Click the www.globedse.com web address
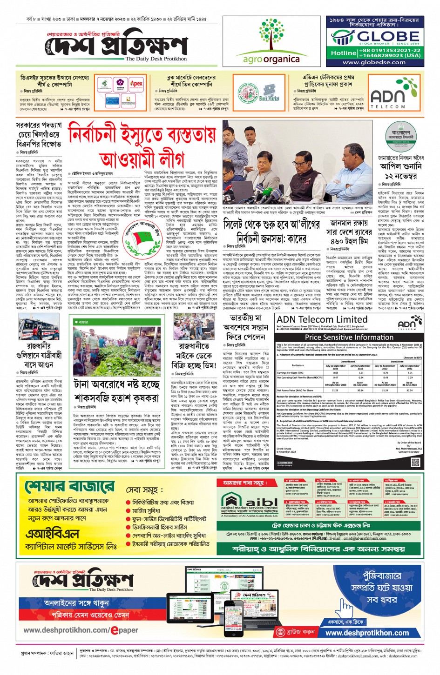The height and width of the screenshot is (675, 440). [x=374, y=62]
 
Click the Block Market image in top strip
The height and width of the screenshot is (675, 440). [x=269, y=93]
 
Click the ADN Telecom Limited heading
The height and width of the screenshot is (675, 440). [x=322, y=319]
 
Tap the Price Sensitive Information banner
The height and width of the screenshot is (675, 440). [x=349, y=337]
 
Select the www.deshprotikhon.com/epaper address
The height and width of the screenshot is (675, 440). [x=81, y=630]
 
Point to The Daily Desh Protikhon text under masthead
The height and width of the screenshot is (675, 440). [x=156, y=59]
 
